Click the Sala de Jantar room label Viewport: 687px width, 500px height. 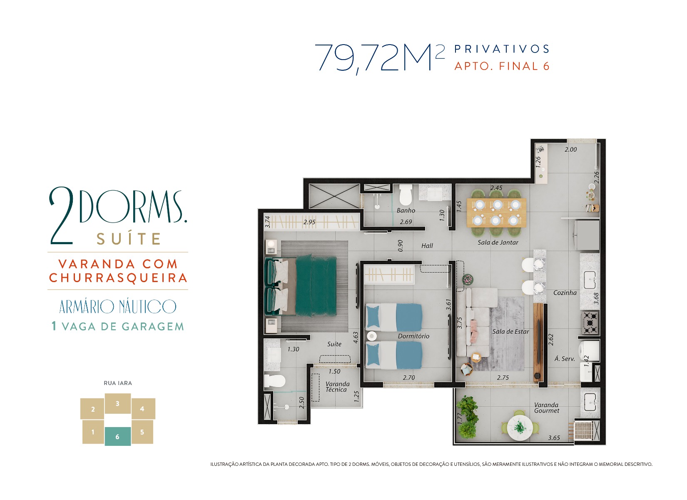point(498,242)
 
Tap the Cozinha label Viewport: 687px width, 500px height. point(565,293)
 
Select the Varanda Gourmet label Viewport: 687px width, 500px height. point(547,407)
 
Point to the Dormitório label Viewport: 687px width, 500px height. point(413,336)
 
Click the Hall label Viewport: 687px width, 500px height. point(427,245)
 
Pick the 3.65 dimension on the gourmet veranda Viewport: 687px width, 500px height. point(554,437)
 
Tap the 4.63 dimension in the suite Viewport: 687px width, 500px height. point(356,337)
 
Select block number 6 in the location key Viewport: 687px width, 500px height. point(118,436)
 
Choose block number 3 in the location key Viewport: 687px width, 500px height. point(118,403)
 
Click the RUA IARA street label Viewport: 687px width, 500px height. point(118,383)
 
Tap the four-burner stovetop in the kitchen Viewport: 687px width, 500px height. point(590,322)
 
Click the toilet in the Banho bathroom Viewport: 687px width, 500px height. point(406,194)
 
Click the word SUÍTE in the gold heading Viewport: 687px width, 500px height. point(129,238)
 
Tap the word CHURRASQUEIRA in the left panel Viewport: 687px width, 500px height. point(118,278)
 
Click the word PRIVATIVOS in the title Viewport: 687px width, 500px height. point(502,49)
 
